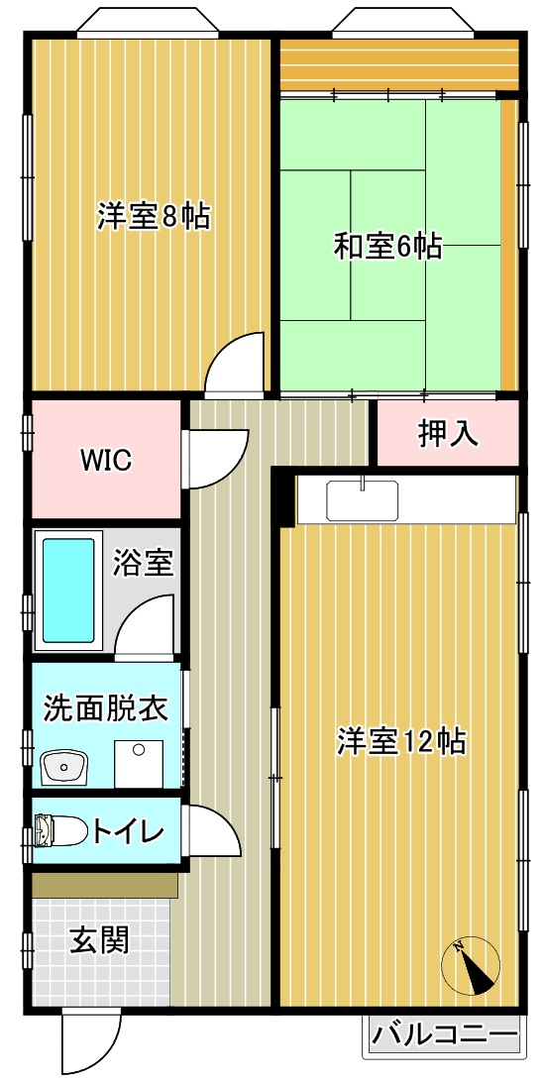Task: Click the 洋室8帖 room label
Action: coord(154,216)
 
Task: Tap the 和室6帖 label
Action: coord(387,246)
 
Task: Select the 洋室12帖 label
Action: coord(401,741)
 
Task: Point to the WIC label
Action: coord(106,460)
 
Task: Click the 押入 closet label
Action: coord(448,433)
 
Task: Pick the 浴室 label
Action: coord(144,563)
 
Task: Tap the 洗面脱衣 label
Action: coord(104,708)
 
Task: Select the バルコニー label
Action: coord(445,1036)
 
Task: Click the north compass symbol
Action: coord(472,965)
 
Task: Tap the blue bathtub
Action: coord(68,591)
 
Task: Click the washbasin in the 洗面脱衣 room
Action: coord(65,765)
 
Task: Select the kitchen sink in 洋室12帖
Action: coord(362,500)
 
